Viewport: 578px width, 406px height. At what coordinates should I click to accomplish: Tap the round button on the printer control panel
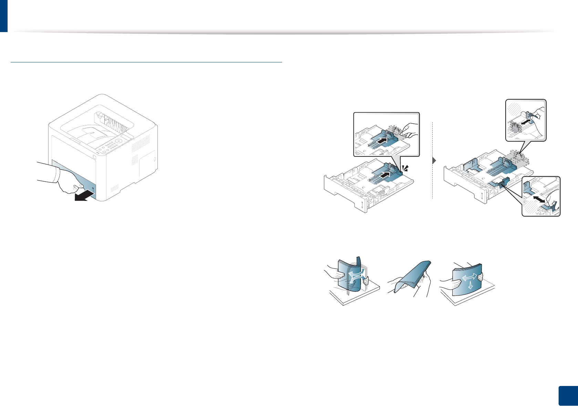118,141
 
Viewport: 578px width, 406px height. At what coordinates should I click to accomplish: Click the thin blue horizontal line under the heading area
146,62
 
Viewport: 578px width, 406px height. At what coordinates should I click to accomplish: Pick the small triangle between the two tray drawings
434,161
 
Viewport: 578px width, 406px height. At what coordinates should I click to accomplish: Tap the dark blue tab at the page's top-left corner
3,16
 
